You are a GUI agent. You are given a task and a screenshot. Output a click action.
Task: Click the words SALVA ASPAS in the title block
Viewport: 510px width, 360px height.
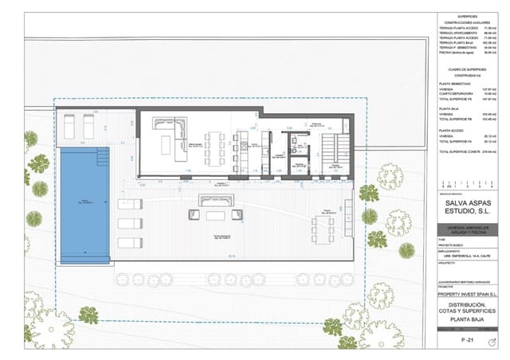tap(473, 204)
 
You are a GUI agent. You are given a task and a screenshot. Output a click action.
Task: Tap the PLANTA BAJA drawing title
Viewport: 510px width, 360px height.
tap(473, 321)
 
